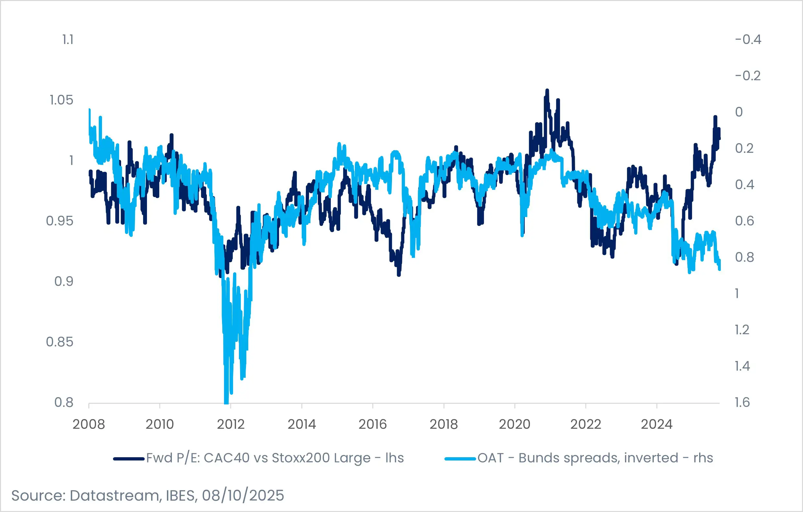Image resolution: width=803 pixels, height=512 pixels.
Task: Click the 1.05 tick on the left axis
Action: pos(61,100)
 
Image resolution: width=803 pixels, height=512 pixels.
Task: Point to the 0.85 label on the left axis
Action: pos(59,342)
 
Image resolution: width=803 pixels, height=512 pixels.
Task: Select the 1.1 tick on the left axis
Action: pos(68,40)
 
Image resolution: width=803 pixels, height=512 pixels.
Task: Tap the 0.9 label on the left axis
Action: pos(64,281)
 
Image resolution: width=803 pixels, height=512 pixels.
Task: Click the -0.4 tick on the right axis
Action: pos(748,40)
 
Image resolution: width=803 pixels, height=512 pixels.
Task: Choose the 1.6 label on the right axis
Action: pos(742,402)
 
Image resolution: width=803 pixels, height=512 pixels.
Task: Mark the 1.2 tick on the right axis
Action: pos(742,330)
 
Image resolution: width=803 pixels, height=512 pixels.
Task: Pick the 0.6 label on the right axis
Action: pos(744,221)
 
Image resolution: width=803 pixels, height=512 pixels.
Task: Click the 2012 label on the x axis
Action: pos(231,424)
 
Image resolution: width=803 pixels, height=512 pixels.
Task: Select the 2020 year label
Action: pos(515,424)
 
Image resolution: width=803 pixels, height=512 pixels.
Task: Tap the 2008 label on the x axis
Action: pos(89,424)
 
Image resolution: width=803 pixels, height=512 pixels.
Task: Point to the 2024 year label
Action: pos(657,424)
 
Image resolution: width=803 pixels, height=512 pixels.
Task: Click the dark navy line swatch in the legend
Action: pos(129,459)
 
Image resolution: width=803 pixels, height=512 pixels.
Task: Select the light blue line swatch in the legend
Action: pos(460,459)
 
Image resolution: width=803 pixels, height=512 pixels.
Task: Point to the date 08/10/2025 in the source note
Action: pos(243,496)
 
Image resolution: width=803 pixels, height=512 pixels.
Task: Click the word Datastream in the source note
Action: pos(115,496)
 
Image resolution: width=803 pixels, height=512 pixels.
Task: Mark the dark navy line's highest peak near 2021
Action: pos(547,90)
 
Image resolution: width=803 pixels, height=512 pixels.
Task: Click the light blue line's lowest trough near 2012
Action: pos(227,402)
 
